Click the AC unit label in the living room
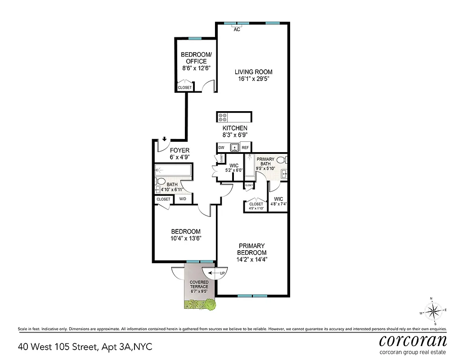coord(237,29)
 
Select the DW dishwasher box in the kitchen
coord(221,148)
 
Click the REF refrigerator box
coord(245,148)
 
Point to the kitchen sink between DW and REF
coord(233,148)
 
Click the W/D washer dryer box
coord(183,199)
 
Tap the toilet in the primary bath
coord(281,160)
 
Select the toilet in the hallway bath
coord(160,181)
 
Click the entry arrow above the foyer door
coord(165,139)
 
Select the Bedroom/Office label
coord(194,58)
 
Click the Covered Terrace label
coord(198,285)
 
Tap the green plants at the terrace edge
coord(200,306)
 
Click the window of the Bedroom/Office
coord(194,39)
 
